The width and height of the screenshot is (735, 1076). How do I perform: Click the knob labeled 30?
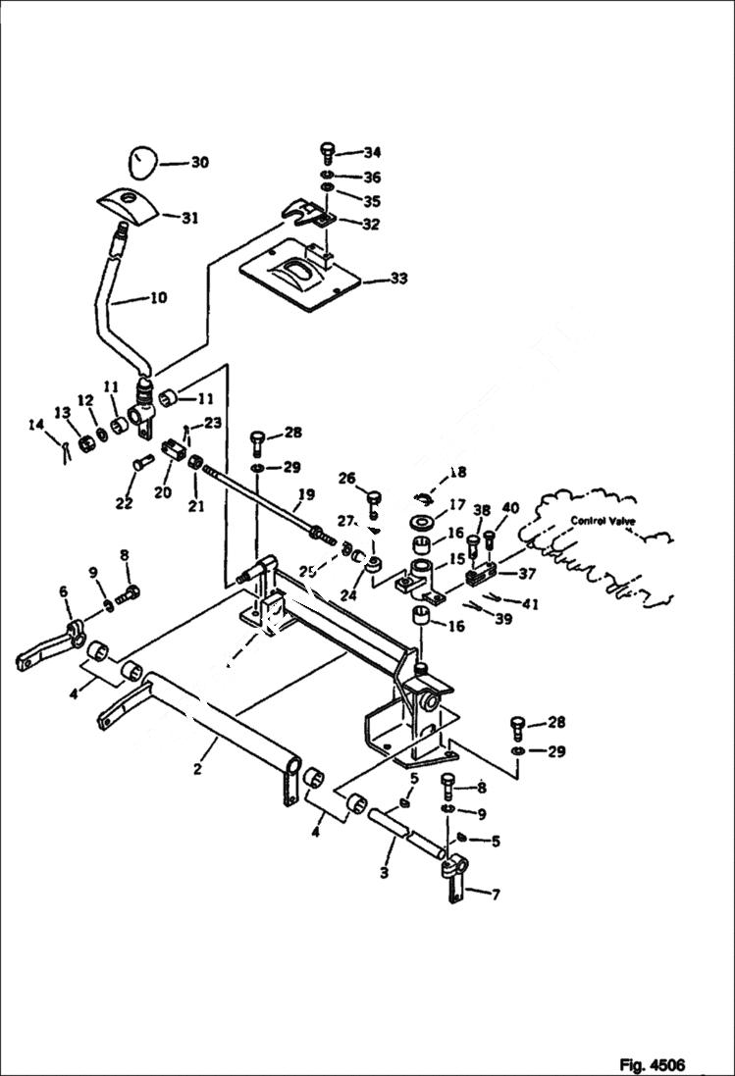point(143,162)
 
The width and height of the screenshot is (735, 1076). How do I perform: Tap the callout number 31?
point(189,218)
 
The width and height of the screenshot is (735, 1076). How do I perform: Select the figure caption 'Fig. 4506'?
point(652,1064)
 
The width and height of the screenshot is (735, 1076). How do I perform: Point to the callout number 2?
point(197,769)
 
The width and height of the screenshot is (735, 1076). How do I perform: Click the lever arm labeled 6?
point(44,651)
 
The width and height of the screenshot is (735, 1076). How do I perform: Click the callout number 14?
point(36,425)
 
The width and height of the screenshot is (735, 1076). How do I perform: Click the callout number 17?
point(457,505)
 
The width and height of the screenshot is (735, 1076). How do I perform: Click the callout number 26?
point(345,478)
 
